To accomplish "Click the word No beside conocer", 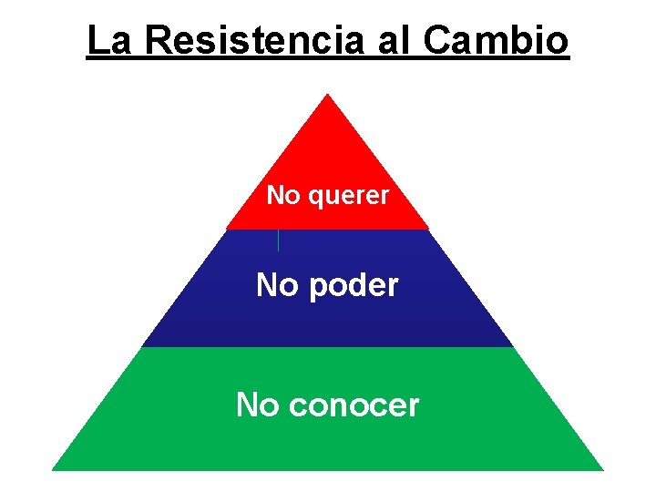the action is pos(257,405).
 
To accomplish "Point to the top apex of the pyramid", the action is pos(327,95).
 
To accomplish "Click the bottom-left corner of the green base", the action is pos(53,469).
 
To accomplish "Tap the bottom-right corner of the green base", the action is pos(602,469).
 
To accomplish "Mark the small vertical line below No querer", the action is pos(278,240).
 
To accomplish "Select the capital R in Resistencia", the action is pos(159,41).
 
